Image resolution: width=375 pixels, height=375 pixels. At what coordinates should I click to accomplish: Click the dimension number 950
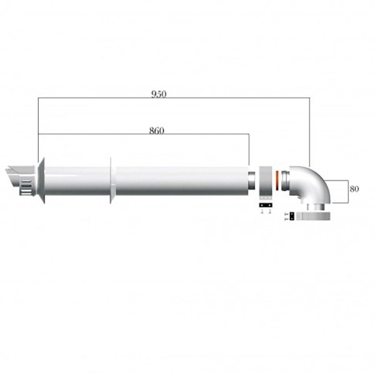pyautogui.click(x=159, y=94)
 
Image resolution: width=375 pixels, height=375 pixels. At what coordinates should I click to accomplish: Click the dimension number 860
pyautogui.click(x=157, y=131)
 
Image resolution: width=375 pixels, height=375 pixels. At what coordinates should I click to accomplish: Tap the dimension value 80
pyautogui.click(x=354, y=187)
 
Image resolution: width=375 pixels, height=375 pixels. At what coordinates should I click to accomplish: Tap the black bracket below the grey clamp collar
pyautogui.click(x=265, y=204)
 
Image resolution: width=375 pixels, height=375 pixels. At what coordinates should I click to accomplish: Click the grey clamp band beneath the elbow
pyautogui.click(x=319, y=216)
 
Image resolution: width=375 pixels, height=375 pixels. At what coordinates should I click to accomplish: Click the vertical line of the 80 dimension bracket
pyautogui.click(x=347, y=191)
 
